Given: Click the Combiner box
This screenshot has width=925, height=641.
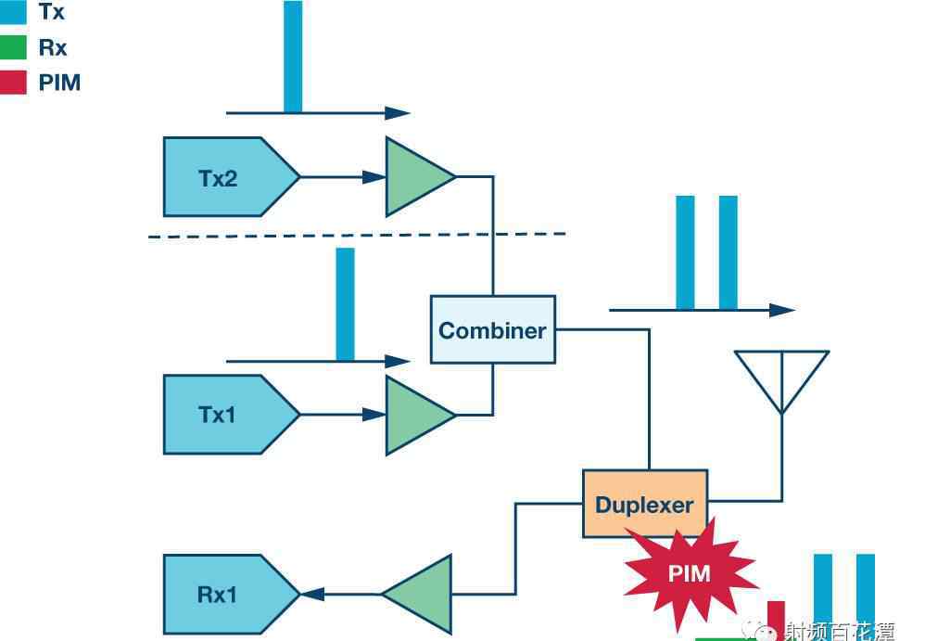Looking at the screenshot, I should tap(492, 329).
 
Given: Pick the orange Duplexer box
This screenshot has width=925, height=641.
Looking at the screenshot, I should tap(644, 505).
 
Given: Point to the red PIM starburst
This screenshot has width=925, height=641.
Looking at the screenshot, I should tap(690, 573).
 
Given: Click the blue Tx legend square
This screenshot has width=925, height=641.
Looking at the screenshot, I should tap(13, 12).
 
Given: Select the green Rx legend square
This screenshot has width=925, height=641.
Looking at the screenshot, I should tap(13, 47).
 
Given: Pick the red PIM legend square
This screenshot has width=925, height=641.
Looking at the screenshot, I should tap(13, 83).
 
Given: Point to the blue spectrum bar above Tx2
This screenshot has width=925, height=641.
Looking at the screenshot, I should tap(293, 56).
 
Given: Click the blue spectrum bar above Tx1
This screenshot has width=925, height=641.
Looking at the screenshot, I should tap(345, 303).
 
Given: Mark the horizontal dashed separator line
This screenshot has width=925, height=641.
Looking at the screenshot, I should tap(357, 236).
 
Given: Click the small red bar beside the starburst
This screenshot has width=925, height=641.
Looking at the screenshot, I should tap(776, 619).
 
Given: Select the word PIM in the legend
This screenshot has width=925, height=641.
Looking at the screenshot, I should tap(59, 83).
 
